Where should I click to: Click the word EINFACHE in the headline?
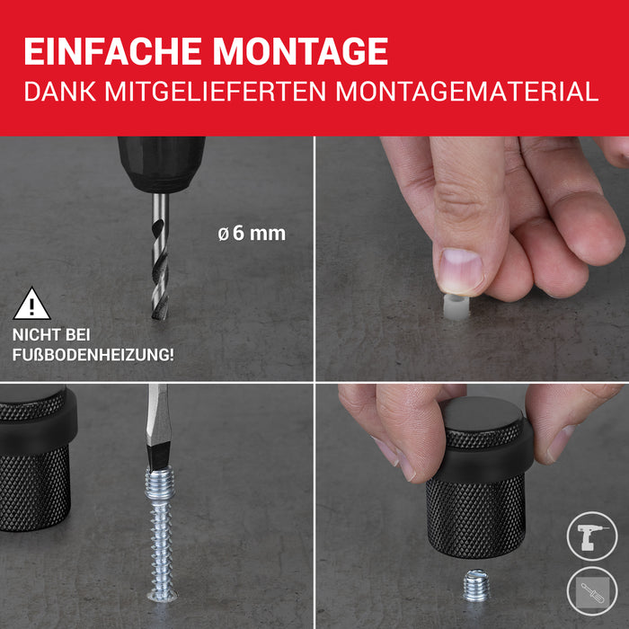pyautogui.click(x=112, y=51)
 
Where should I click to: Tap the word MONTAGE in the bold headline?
pyautogui.click(x=300, y=51)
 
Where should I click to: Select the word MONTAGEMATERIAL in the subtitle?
pyautogui.click(x=467, y=92)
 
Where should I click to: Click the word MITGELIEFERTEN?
pyautogui.click(x=216, y=92)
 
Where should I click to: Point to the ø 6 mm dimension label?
pyautogui.click(x=252, y=234)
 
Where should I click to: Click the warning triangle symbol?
pyautogui.click(x=31, y=304)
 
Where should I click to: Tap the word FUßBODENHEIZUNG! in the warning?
pyautogui.click(x=93, y=355)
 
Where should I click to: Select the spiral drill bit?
pyautogui.click(x=160, y=257)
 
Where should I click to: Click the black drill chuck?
pyautogui.click(x=162, y=164)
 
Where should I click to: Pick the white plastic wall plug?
pyautogui.click(x=456, y=307)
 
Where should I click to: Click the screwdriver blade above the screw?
pyautogui.click(x=159, y=427)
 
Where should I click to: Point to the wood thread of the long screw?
pyautogui.click(x=162, y=550)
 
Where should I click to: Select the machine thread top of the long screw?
pyautogui.click(x=160, y=483)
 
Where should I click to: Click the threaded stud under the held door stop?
pyautogui.click(x=475, y=585)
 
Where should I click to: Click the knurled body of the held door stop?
pyautogui.click(x=476, y=517)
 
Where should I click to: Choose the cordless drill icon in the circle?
pyautogui.click(x=592, y=536)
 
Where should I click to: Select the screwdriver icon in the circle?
pyautogui.click(x=592, y=591)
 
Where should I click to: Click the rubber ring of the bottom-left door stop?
pyautogui.click(x=40, y=430)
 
